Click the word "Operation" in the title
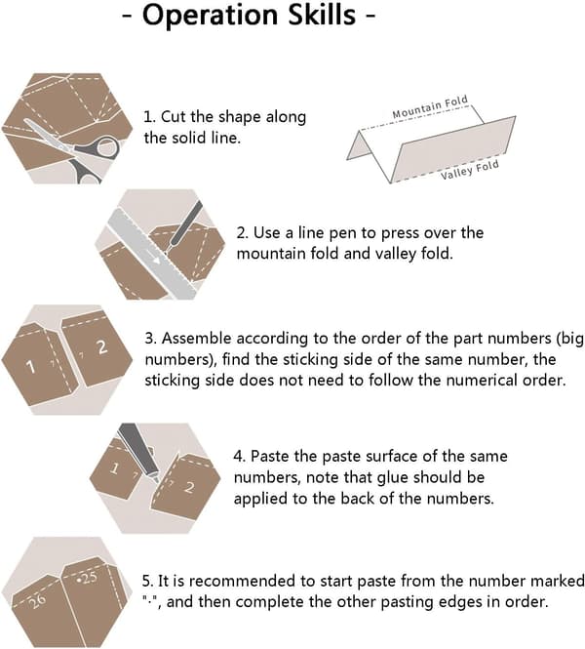pos(211,16)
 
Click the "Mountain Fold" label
pos(430,106)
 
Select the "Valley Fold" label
pos(469,170)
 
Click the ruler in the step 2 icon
pos(152,254)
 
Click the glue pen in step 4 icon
pos(138,452)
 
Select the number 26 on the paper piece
pos(37,601)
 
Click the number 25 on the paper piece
pos(87,578)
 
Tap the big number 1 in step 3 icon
pos(30,366)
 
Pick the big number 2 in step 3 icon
pos(102,346)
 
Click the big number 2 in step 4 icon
pos(189,487)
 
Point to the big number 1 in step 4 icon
pos(114,468)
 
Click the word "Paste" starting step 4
pos(270,456)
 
